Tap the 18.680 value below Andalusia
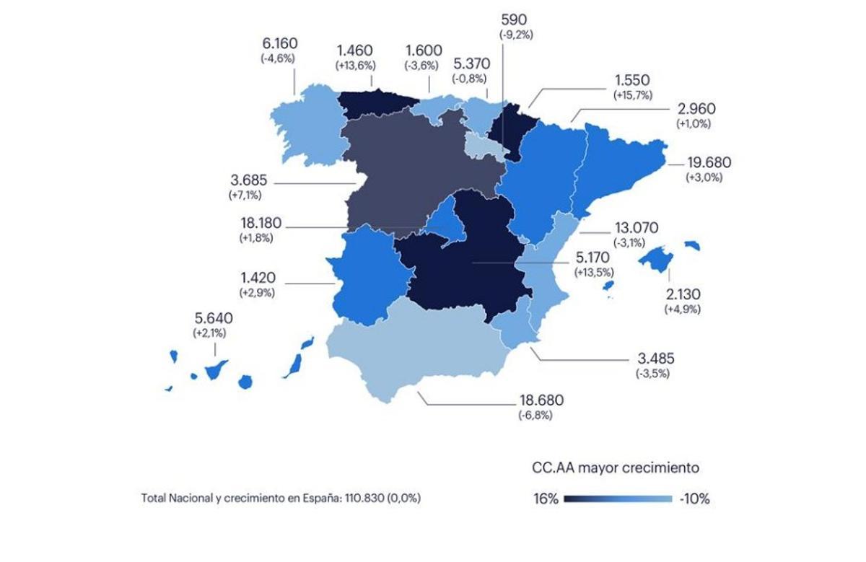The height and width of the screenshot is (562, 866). pos(541,400)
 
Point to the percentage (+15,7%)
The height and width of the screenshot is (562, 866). pos(632,95)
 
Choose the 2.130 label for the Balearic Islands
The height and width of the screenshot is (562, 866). pos(682,294)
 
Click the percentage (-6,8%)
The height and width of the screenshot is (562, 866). pos(540,416)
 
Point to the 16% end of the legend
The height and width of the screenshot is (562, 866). pos(546,499)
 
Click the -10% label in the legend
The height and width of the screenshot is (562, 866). pos(694,499)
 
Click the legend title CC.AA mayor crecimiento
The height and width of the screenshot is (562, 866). pos(614,467)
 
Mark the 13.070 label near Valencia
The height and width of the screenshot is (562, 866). pos(636,228)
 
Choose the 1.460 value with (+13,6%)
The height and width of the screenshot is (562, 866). pos(354,51)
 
